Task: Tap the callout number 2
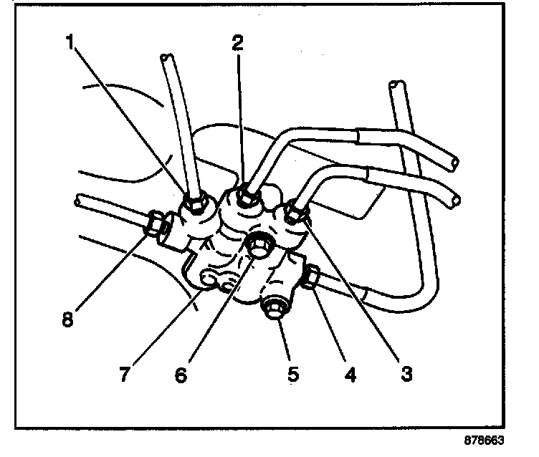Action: [x=238, y=42]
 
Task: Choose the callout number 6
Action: [x=181, y=373]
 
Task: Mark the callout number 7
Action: [x=125, y=373]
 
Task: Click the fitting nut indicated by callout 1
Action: [x=194, y=206]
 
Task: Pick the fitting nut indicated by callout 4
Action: [x=313, y=277]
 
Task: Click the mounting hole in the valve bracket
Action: [x=209, y=276]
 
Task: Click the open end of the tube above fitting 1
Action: [x=167, y=57]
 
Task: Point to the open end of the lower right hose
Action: [x=453, y=196]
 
